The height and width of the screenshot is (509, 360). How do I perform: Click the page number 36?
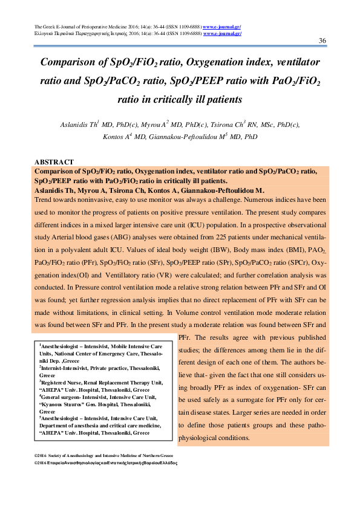tap(322, 41)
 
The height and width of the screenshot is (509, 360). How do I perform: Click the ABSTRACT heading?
tap(55, 162)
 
